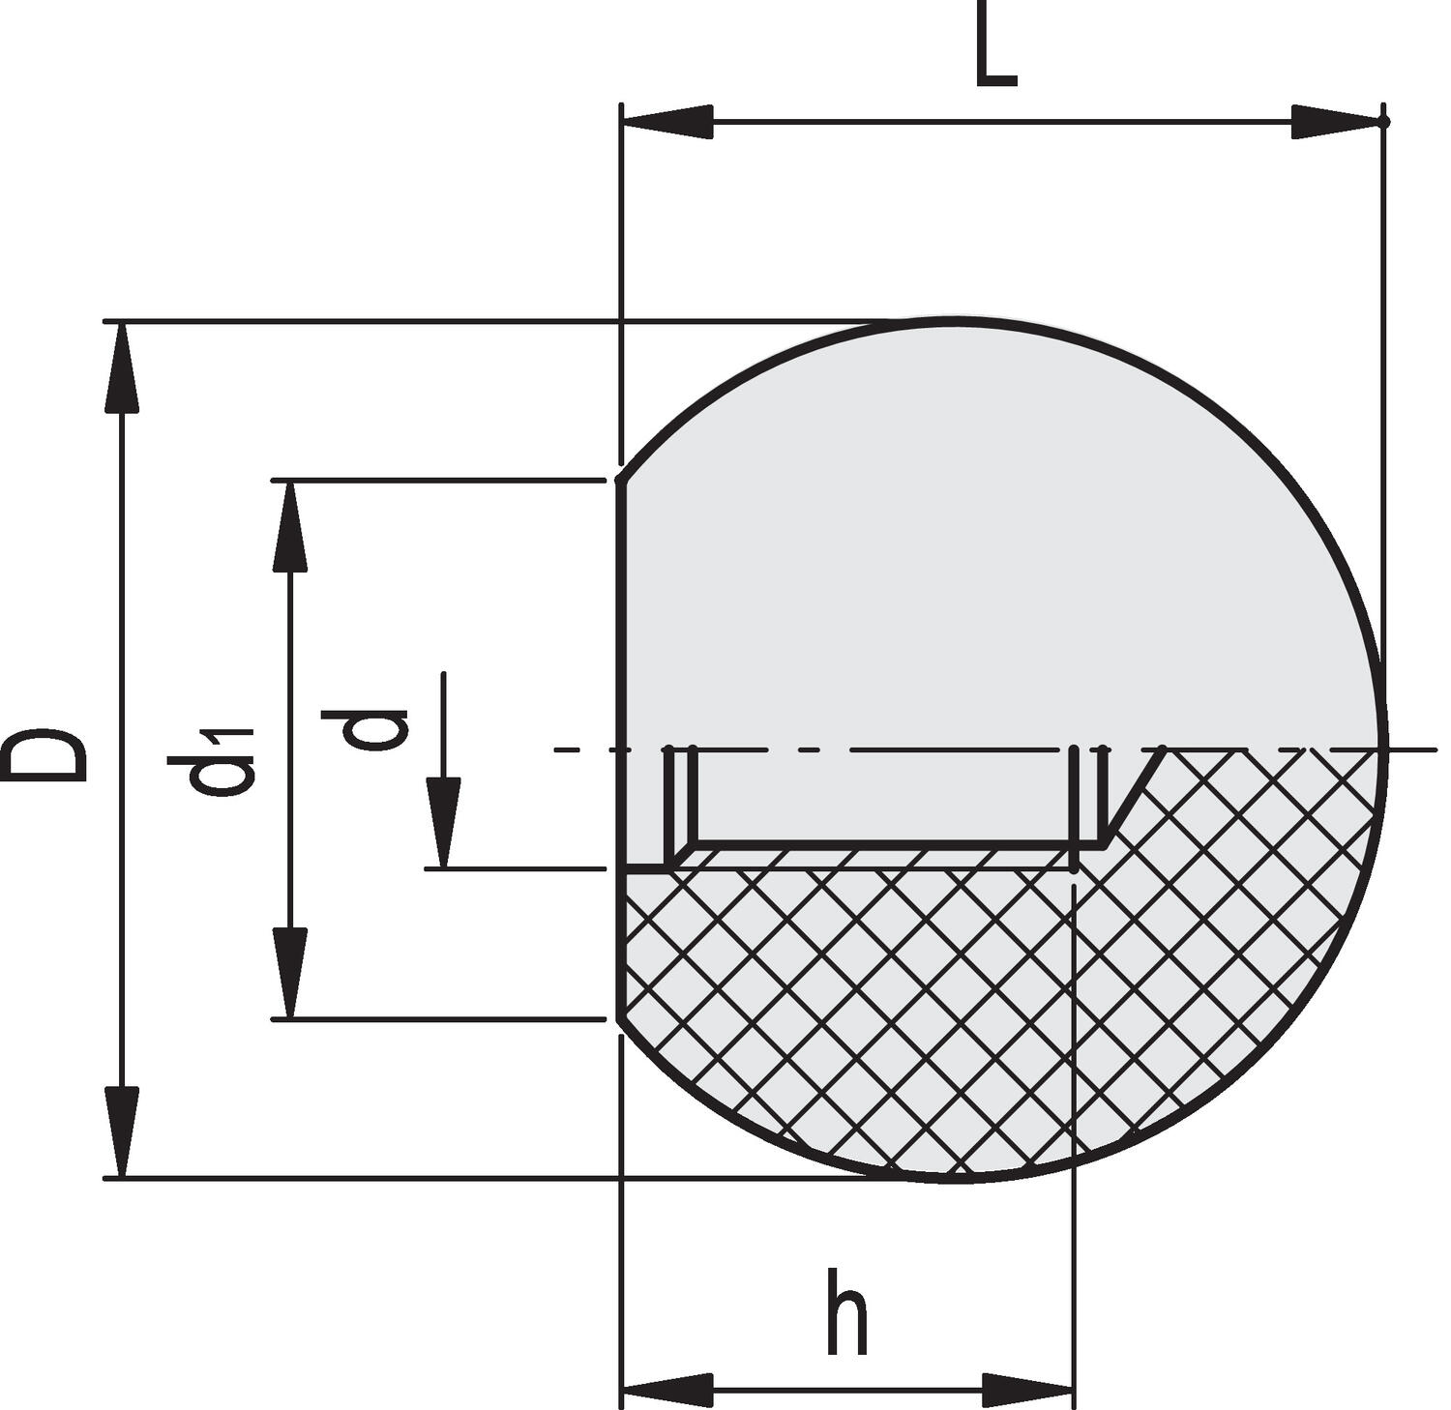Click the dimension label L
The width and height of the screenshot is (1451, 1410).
pyautogui.click(x=995, y=56)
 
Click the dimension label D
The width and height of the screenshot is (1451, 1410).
pyautogui.click(x=44, y=753)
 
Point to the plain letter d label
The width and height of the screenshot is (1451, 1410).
pyautogui.click(x=365, y=729)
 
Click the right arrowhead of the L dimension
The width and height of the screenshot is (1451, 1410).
pyautogui.click(x=1335, y=122)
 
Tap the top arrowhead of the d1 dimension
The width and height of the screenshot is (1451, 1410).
pyautogui.click(x=289, y=527)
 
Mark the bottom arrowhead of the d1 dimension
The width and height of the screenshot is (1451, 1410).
pyautogui.click(x=289, y=972)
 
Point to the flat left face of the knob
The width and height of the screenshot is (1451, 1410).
pyautogui.click(x=621, y=677)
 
